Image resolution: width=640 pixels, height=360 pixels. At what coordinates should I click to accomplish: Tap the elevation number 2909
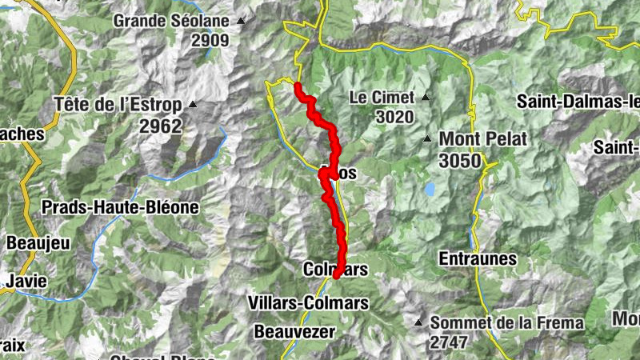[210, 40]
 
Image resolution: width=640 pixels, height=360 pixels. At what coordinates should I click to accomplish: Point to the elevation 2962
[161, 126]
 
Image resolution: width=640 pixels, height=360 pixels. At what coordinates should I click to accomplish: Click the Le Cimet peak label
[382, 98]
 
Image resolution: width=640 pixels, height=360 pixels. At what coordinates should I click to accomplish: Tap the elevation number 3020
[394, 118]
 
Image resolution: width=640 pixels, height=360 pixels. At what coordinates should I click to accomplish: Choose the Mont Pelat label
[482, 139]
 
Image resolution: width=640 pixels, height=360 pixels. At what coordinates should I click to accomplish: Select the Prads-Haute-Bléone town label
[119, 207]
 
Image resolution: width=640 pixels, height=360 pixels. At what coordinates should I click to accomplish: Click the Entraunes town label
[478, 259]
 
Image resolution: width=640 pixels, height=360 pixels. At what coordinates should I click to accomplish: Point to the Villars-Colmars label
[308, 303]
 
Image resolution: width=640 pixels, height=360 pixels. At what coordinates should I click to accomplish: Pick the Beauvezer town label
[295, 330]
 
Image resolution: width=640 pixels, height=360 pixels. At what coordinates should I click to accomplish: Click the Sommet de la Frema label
[506, 323]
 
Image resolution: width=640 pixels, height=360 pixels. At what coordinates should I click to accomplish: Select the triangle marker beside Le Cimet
[426, 98]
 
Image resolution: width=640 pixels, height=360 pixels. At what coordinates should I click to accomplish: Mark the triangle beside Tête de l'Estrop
[192, 104]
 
